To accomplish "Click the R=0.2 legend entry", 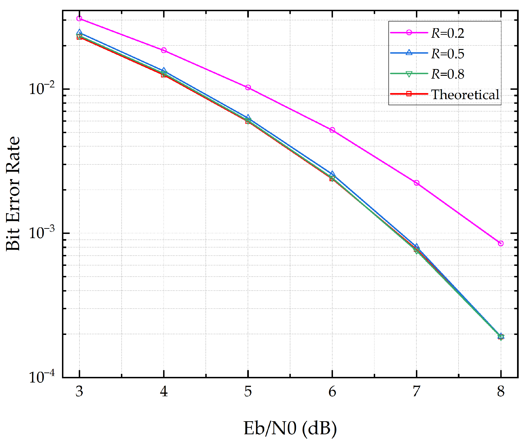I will coord(447,33).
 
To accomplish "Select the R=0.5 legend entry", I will coord(447,54).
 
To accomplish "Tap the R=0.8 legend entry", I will coord(447,74).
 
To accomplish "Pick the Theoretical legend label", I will coord(465,95).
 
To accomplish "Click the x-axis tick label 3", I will coord(79,392).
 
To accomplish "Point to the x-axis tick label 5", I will coord(248,392).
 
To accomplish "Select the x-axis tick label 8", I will coord(501,392).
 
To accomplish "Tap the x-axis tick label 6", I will coord(332,392).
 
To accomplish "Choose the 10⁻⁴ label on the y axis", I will coord(41,377).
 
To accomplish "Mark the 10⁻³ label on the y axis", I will coord(41,232).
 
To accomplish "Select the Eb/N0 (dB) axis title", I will coord(290,428).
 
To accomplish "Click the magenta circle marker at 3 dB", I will coord(79,18).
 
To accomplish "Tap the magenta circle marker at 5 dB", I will coord(248,87).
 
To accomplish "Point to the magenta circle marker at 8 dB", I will coord(501,243).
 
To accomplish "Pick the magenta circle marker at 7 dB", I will coord(416,183).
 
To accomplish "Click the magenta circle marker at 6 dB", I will coord(332,130).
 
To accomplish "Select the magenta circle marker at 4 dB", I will coord(164,50).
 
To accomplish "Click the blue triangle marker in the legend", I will coord(409,52).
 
